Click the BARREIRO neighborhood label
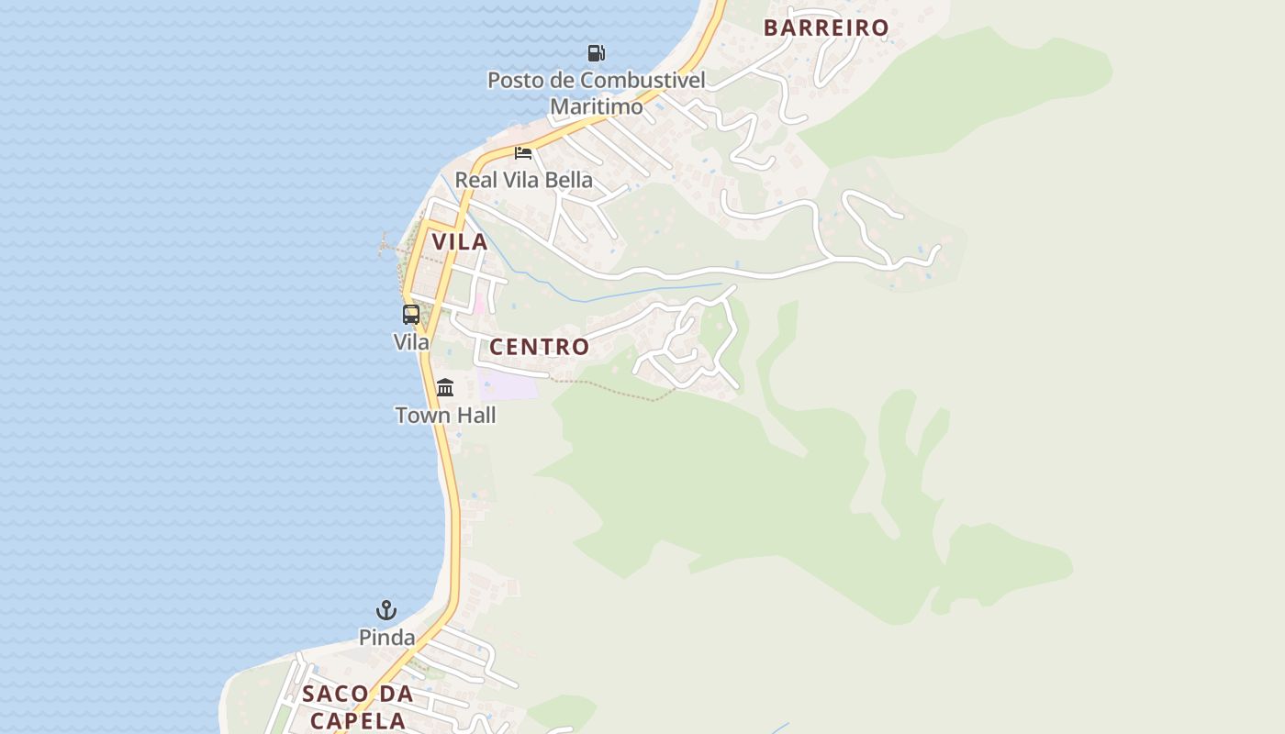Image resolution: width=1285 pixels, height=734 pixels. [826, 28]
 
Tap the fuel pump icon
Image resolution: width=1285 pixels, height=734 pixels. [597, 53]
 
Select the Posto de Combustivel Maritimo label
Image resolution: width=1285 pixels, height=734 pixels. [596, 93]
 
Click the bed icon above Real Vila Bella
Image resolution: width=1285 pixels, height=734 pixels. [523, 152]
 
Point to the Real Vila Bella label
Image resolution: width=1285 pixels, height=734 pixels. [523, 180]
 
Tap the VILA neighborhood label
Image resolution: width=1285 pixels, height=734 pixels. [460, 242]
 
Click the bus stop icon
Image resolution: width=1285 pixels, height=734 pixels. [411, 315]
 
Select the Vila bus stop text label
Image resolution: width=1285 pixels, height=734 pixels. [411, 342]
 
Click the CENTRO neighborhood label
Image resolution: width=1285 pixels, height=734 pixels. [539, 347]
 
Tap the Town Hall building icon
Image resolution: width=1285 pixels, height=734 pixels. [445, 387]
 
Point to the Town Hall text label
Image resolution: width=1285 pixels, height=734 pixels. [445, 416]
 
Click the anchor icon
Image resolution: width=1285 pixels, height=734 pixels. [386, 610]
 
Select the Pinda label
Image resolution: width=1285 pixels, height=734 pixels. [386, 637]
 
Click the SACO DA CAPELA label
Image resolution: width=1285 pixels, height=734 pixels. [358, 706]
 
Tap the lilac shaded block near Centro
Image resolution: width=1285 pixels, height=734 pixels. [508, 385]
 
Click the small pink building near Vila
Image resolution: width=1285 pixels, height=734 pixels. [479, 304]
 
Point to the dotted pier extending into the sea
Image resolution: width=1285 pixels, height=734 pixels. [390, 247]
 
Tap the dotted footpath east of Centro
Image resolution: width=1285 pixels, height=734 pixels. [615, 390]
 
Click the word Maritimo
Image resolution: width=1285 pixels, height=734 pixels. [596, 106]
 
